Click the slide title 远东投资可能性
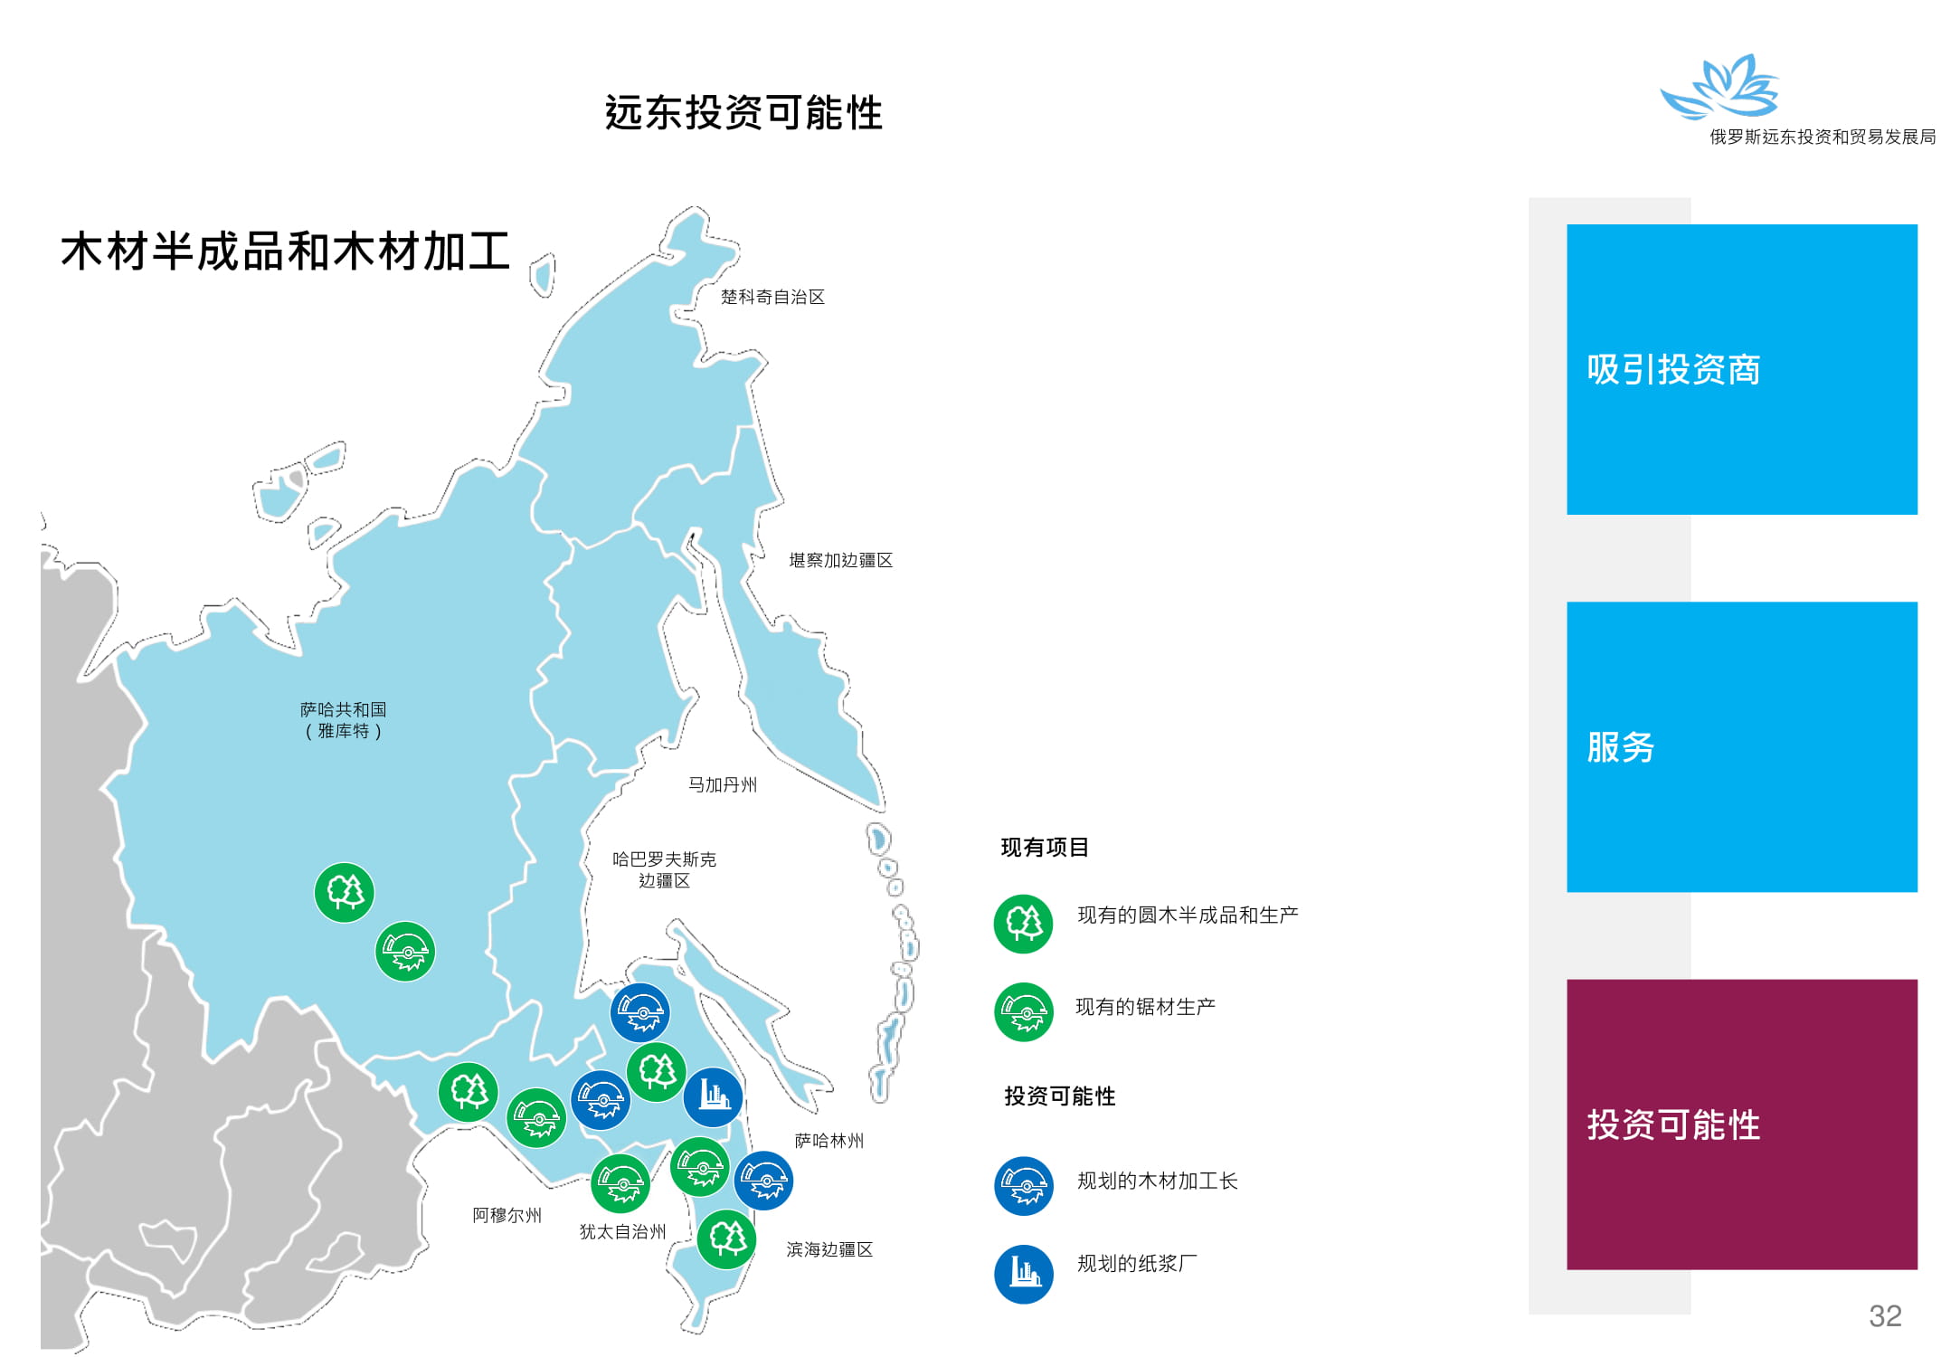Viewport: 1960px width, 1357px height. tap(743, 113)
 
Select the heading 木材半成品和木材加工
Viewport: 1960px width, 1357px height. tap(286, 251)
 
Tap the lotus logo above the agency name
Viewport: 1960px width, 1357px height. tap(1719, 86)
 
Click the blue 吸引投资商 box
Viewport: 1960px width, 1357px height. tap(1741, 369)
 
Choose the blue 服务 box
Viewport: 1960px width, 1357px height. tap(1741, 746)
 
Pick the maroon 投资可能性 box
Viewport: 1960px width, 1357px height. tap(1741, 1124)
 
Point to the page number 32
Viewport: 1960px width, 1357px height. tap(1885, 1315)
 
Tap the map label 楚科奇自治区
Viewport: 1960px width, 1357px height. tap(772, 297)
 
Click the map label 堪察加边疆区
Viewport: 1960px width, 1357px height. tap(840, 560)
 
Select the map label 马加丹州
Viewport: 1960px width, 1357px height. tap(722, 784)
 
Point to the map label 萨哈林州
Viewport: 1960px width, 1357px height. tap(829, 1141)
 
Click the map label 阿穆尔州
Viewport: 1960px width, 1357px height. tap(507, 1215)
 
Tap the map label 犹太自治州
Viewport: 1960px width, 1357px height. tap(622, 1231)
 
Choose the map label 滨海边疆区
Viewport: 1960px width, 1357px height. tap(829, 1249)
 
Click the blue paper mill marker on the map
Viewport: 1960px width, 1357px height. tap(713, 1097)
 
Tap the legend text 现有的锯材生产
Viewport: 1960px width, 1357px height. tap(1145, 1006)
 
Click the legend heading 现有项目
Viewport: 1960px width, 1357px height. tap(1045, 847)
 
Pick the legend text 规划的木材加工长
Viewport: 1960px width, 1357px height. tap(1157, 1181)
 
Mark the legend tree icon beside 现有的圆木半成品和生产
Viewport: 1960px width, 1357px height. tap(1023, 924)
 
